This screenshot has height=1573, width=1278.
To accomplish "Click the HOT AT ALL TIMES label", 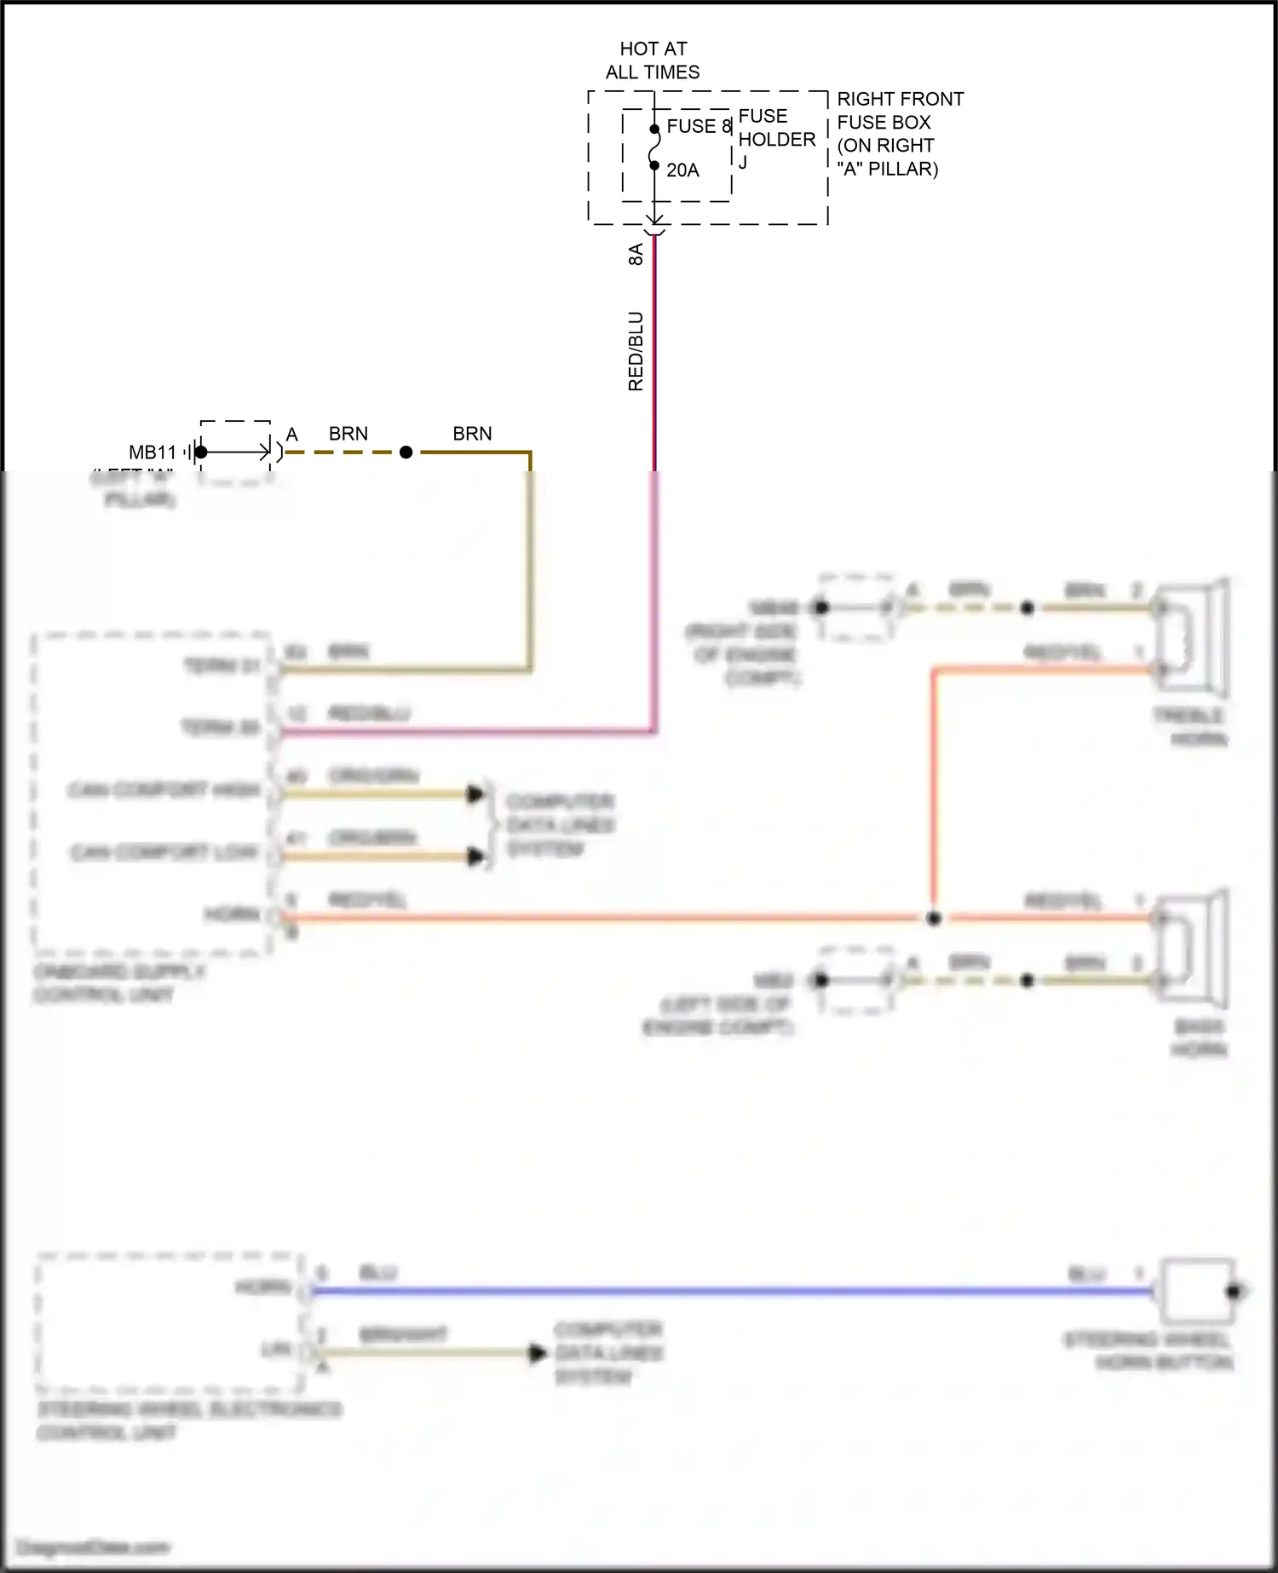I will point(653,60).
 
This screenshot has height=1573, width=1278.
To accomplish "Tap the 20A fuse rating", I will point(682,170).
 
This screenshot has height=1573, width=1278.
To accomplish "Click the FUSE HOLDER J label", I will point(775,138).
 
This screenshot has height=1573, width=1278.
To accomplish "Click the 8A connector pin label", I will point(636,254).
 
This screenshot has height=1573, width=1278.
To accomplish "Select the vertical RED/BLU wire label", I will point(636,351).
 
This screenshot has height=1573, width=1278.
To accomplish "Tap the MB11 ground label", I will point(153,452).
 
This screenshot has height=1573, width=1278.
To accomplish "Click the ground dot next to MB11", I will point(201,452).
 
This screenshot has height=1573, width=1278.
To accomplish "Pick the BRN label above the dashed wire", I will point(348,434).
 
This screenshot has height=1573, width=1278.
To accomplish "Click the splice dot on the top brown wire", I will point(406,452).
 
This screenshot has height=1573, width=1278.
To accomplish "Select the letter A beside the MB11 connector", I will point(291,435).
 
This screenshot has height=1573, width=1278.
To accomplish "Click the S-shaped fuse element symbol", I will point(654,147).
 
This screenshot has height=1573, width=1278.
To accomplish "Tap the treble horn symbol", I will point(1193,637).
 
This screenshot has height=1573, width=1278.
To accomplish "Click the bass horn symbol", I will point(1193,948).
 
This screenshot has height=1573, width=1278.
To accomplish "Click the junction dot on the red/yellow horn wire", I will point(934,918).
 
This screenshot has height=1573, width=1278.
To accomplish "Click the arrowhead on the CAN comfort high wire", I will point(475,794).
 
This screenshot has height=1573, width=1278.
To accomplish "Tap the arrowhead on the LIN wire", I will point(538,1352).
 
